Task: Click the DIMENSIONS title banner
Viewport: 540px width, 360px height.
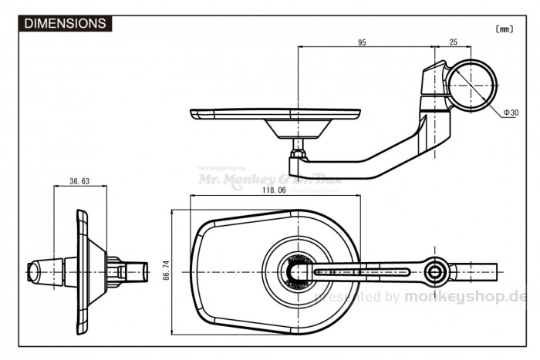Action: click(x=66, y=24)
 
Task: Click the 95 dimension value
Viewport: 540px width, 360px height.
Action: click(x=362, y=43)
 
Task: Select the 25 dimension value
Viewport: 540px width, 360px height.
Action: click(x=453, y=43)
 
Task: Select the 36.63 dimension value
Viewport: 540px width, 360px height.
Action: click(x=79, y=182)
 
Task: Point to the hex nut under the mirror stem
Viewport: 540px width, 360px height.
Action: click(x=297, y=161)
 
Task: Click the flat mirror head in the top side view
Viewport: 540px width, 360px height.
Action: click(x=274, y=114)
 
